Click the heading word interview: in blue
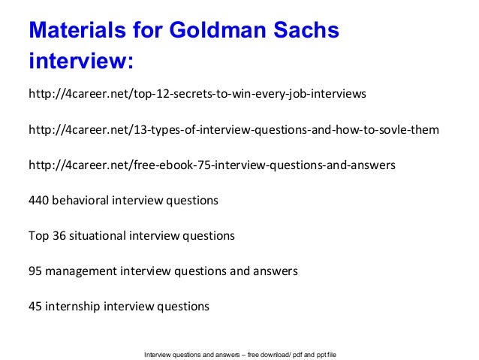[x=80, y=62]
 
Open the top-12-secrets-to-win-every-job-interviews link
[x=197, y=95]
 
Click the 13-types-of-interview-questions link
[x=233, y=131]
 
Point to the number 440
[x=39, y=201]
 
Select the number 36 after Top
[x=59, y=236]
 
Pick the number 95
[x=35, y=271]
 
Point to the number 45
[x=35, y=306]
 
